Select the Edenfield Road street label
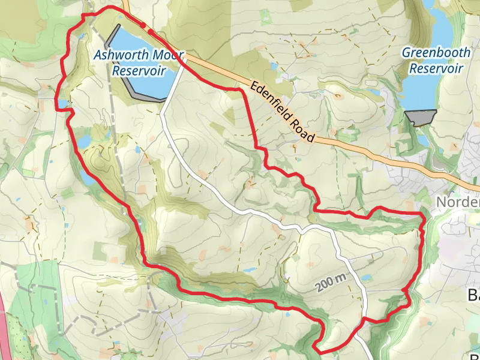click(x=283, y=112)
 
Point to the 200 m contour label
click(x=329, y=282)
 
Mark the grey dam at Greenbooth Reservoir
click(x=420, y=117)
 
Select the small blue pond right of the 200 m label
click(x=365, y=278)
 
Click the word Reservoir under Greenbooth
click(x=436, y=68)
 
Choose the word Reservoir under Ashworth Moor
click(x=139, y=71)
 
